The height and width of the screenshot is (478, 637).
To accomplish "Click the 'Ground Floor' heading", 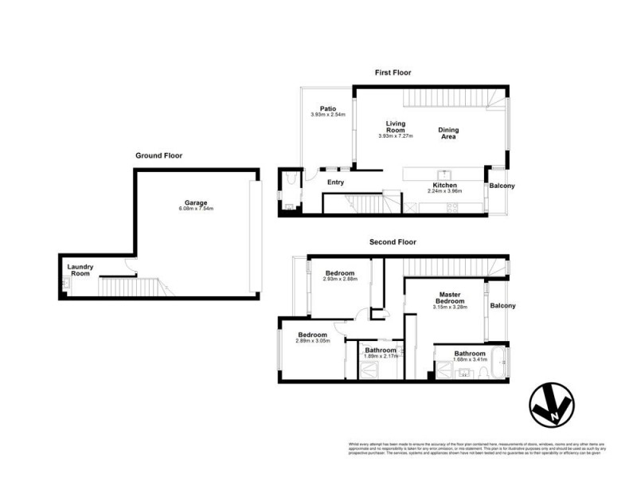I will coord(158,155).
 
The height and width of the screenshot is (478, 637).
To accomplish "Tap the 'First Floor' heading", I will coord(393,72).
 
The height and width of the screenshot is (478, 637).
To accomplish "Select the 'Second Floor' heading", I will coord(393,241).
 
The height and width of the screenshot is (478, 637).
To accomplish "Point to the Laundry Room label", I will coord(81,270).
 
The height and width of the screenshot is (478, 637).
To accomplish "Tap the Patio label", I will coord(327,109).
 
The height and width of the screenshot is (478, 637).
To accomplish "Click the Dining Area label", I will coord(448,133).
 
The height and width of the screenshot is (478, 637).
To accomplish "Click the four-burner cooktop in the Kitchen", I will coord(451,208).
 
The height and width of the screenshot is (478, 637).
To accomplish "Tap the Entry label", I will coord(335,182).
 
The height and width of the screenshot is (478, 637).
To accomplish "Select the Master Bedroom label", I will coord(449,298).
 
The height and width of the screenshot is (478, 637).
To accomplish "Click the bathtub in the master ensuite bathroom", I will coord(499,363).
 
